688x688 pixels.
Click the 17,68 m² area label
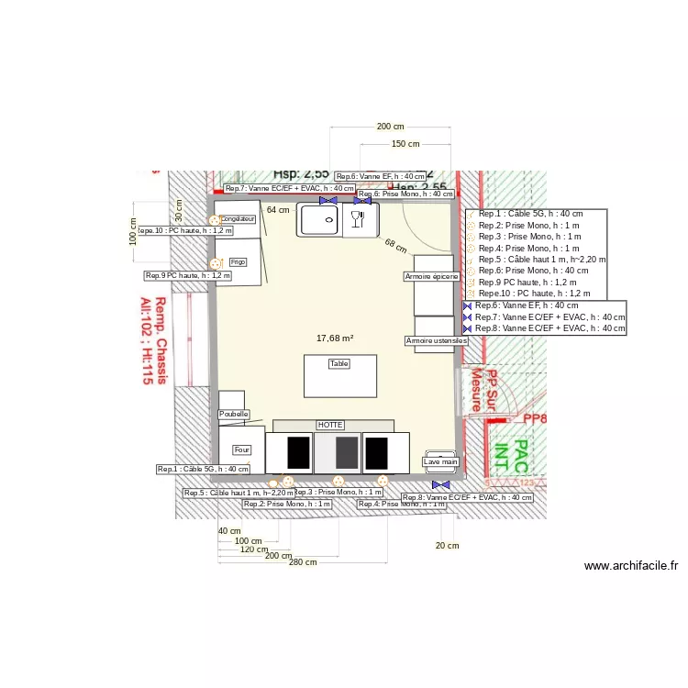335,338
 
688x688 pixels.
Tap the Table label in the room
339,364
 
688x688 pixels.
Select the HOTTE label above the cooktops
330,426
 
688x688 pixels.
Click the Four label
242,450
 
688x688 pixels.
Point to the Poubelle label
234,415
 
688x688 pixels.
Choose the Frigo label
239,261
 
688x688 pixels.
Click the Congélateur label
238,219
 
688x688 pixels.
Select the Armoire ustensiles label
437,340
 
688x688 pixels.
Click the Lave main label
440,461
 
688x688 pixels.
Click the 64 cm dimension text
277,210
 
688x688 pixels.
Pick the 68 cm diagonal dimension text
395,246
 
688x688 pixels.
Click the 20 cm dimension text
447,546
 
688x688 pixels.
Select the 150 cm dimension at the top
405,144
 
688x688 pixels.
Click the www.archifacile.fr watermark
630,566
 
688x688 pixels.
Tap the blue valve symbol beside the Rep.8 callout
441,483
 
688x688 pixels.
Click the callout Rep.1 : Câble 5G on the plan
204,469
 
